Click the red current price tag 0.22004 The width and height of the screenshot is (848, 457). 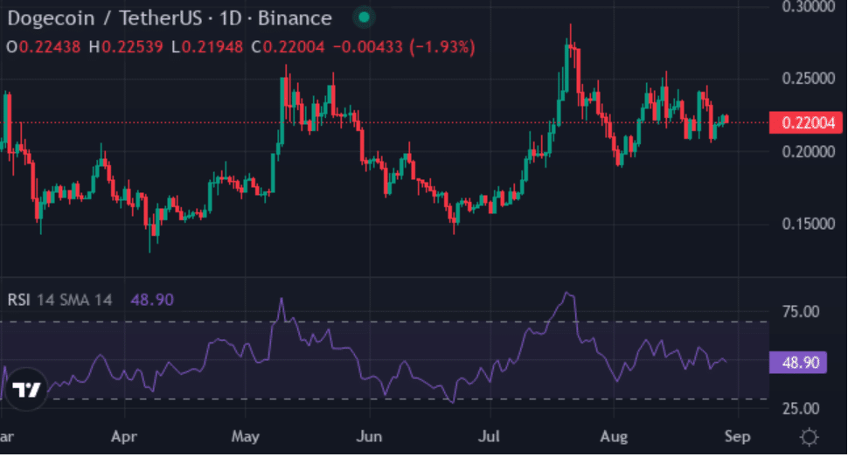click(805, 123)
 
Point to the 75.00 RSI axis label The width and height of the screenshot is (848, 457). click(800, 312)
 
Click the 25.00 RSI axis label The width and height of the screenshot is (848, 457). click(800, 408)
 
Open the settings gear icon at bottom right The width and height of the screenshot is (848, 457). click(810, 436)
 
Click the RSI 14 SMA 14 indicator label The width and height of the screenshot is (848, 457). click(59, 300)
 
